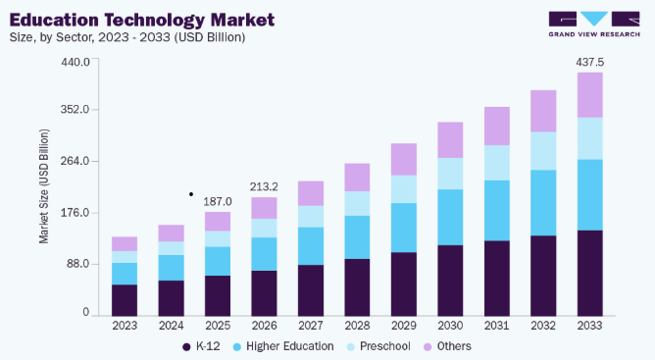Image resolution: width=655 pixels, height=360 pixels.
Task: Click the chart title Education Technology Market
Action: coord(142,20)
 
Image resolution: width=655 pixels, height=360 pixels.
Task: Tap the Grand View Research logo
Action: coord(594,25)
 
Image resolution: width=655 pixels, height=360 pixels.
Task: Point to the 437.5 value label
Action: coord(590,63)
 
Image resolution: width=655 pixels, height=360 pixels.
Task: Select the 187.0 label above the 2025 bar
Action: coord(218,201)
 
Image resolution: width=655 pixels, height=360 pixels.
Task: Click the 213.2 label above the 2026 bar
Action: coord(264,186)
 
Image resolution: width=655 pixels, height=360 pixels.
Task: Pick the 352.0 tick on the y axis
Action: coord(76,110)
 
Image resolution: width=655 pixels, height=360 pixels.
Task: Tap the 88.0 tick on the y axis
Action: coord(78,264)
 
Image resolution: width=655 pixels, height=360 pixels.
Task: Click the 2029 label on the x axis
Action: coord(404,326)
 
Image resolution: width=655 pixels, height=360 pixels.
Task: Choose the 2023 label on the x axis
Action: coord(125,326)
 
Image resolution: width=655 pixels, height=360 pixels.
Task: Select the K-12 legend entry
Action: coord(201,346)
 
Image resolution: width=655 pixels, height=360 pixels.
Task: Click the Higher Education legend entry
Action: coord(283,346)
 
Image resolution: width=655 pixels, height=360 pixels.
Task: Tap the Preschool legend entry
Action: coord(378,346)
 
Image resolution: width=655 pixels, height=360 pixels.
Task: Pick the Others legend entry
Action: coord(447,346)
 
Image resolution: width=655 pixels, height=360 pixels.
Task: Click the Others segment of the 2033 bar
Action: coord(590,95)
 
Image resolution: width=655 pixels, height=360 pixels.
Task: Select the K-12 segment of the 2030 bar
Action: coord(450,281)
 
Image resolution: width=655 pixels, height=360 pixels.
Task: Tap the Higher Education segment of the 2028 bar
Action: coord(357,237)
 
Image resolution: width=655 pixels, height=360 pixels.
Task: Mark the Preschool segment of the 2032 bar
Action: coord(543,151)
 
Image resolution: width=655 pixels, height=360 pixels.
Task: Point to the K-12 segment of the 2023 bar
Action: coord(125,300)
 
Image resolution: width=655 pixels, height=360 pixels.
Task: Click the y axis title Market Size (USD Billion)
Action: coord(44,186)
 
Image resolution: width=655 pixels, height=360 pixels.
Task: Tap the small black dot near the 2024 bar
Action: coord(191,194)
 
